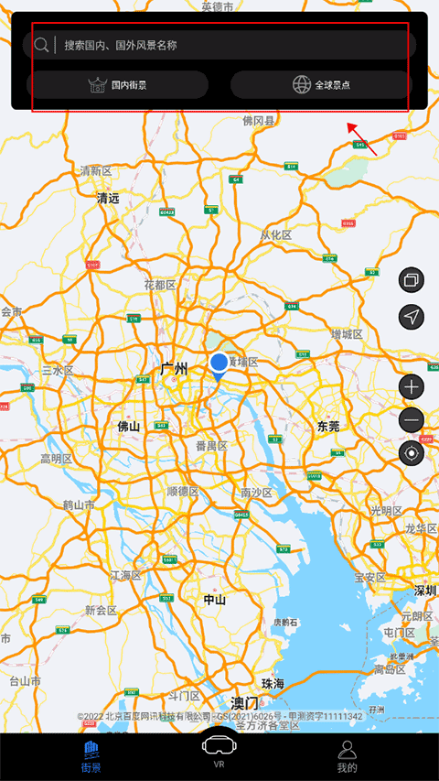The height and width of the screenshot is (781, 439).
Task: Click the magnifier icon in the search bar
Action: [41, 45]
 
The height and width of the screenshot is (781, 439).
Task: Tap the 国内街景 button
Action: [118, 85]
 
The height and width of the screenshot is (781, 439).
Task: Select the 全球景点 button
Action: [321, 85]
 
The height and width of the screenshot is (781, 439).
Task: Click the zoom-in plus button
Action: [412, 386]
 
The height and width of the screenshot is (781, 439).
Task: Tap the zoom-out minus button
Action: [412, 420]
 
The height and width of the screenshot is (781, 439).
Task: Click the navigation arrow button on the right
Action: [412, 317]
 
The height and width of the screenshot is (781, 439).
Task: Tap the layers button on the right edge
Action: [412, 280]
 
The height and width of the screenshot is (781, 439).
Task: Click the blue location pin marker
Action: [219, 364]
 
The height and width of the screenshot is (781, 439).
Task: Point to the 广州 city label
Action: [174, 369]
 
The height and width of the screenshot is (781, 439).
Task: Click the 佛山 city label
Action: [128, 426]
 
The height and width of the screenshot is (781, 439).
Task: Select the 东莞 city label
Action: [327, 426]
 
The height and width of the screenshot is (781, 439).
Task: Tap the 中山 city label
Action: [215, 600]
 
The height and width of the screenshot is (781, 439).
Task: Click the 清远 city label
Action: [109, 197]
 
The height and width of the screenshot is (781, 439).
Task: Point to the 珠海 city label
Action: [273, 684]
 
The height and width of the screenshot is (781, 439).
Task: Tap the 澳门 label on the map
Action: [244, 703]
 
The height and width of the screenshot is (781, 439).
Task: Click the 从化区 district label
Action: [276, 235]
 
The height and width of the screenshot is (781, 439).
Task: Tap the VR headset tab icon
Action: [219, 746]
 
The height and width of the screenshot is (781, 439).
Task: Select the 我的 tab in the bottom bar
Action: [347, 756]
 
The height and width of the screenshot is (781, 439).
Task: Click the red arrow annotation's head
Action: [349, 125]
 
